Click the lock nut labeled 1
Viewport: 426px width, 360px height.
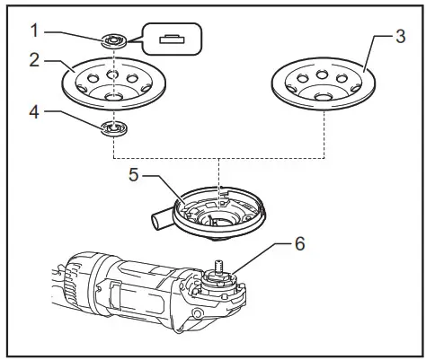(113, 40)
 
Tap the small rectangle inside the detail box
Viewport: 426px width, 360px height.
(169, 39)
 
